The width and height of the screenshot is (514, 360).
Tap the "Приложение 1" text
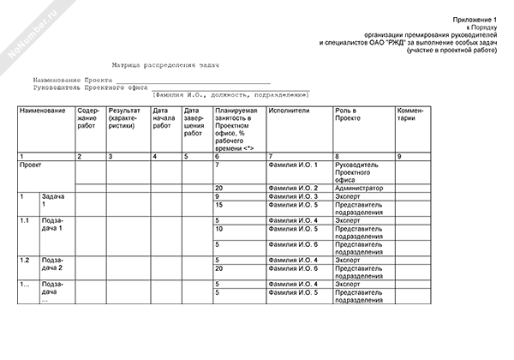pyautogui.click(x=475, y=19)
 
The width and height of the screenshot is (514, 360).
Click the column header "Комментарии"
pyautogui.click(x=409, y=115)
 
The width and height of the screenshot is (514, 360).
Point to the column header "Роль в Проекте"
pyautogui.click(x=348, y=115)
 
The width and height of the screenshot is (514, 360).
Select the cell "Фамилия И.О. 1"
pyautogui.click(x=293, y=164)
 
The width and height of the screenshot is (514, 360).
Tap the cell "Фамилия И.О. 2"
pyautogui.click(x=293, y=188)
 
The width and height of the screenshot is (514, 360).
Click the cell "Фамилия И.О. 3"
pyautogui.click(x=293, y=196)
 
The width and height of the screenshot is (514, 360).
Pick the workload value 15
pyautogui.click(x=219, y=205)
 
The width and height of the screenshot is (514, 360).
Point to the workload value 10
pyautogui.click(x=219, y=229)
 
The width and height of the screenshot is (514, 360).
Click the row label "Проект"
pyautogui.click(x=30, y=164)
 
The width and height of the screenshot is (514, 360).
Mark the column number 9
pyautogui.click(x=398, y=155)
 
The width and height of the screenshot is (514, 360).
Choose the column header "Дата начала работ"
pyautogui.click(x=162, y=119)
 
